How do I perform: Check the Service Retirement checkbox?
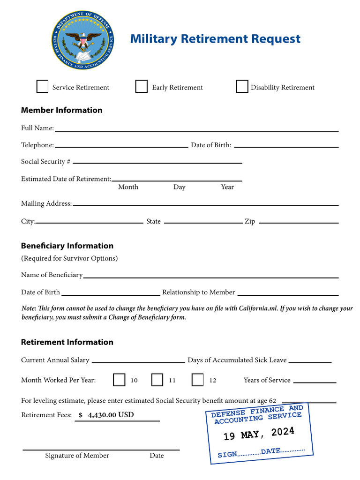pos(43,87)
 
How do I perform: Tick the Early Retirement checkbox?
pos(142,87)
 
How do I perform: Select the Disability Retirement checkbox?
pos(242,87)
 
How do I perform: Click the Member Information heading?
pos(61,110)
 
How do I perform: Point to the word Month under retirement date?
pos(128,187)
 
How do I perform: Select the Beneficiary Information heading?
pos(67,246)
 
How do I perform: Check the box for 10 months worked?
pos(119,380)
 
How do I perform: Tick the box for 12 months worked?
pos(198,380)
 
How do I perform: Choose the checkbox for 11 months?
pos(157,380)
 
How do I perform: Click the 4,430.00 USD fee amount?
pos(111,415)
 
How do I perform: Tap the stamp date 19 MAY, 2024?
pos(259,433)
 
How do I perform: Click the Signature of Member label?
pos(77,456)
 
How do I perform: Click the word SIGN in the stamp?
pos(227,455)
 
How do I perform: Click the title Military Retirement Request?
pos(215,39)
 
